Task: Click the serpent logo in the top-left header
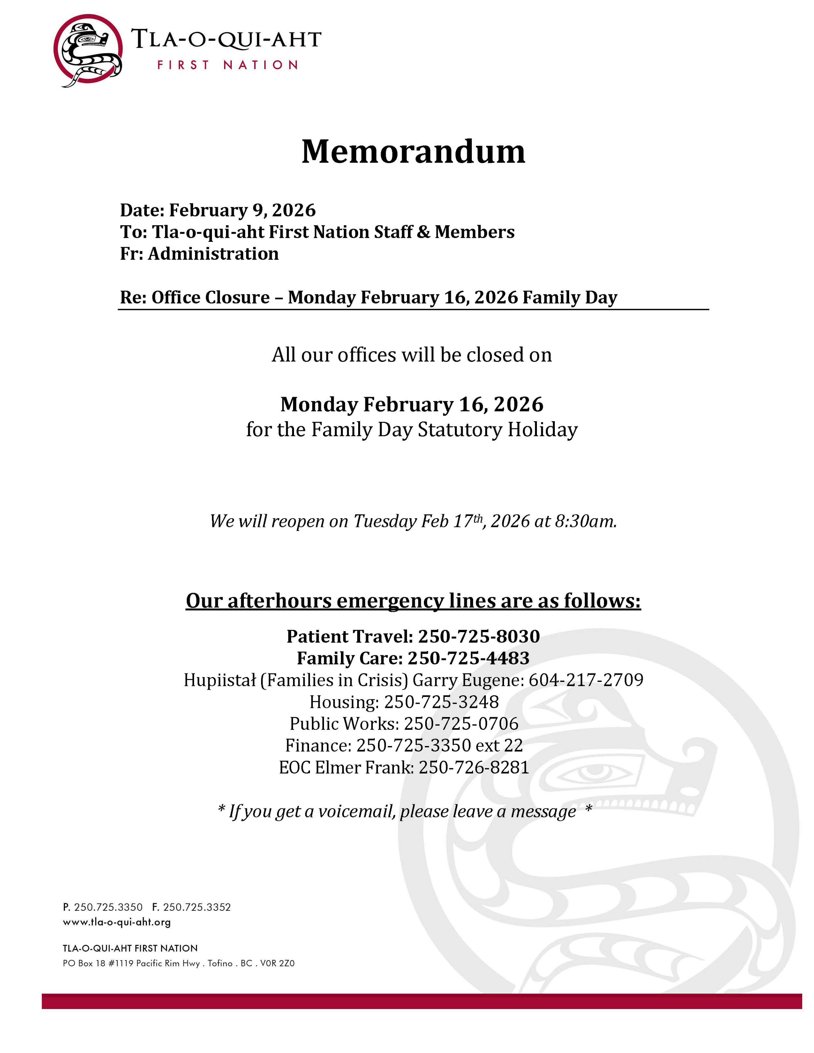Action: (x=88, y=50)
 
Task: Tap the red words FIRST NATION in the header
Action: (x=227, y=65)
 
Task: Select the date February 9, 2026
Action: (x=242, y=210)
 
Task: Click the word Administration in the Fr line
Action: (x=213, y=254)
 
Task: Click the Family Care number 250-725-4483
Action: (x=468, y=658)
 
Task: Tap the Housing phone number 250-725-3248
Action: (x=441, y=702)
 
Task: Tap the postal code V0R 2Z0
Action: (x=277, y=963)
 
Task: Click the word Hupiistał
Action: (x=219, y=680)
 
